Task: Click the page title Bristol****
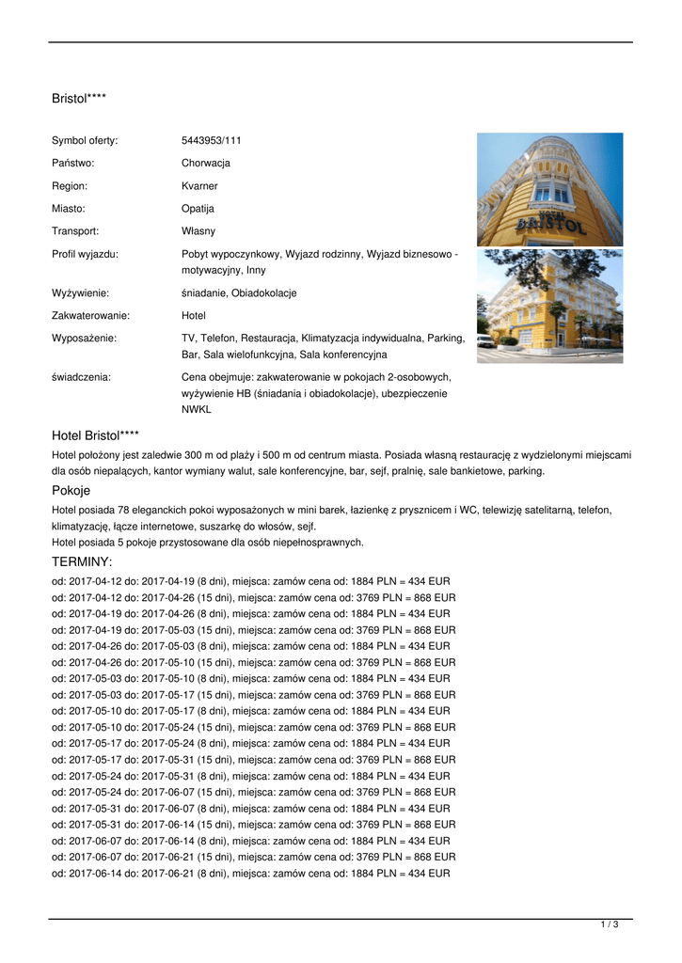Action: (x=79, y=98)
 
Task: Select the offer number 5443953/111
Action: (x=212, y=140)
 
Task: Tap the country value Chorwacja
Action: (x=206, y=163)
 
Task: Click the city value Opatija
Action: (x=198, y=208)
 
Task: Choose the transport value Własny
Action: (x=198, y=230)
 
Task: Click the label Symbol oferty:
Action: (x=85, y=140)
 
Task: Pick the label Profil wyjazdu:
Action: (x=85, y=253)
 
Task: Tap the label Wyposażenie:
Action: (x=84, y=337)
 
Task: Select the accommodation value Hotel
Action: (x=194, y=315)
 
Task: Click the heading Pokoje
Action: (x=71, y=490)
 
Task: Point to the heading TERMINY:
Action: (x=82, y=561)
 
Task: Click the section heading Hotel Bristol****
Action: (x=96, y=435)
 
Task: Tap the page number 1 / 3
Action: (x=610, y=925)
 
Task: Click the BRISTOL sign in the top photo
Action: (x=550, y=223)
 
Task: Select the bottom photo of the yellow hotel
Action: (x=549, y=306)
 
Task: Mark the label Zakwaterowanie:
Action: (x=90, y=315)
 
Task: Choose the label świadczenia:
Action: (x=81, y=376)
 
